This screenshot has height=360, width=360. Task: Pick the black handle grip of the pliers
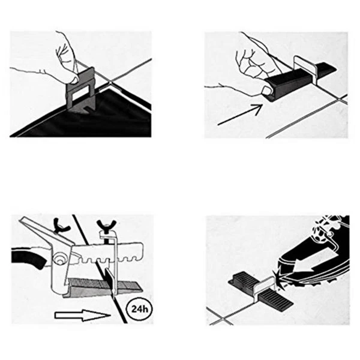click(27, 260)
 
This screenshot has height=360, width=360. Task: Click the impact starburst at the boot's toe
click(280, 277)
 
